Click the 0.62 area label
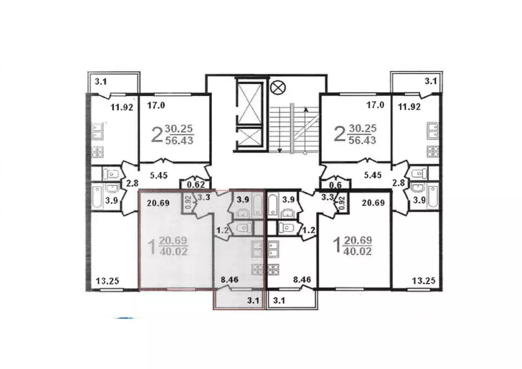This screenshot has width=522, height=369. [196, 184]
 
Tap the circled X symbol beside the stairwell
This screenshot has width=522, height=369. [278, 88]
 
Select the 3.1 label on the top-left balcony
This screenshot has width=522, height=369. [100, 81]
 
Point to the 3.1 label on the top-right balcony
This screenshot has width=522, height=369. [430, 81]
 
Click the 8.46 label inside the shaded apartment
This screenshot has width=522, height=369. [229, 280]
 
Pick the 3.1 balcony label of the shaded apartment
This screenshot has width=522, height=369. [253, 301]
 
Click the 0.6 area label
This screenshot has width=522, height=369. [335, 185]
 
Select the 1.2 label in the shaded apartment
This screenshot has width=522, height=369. [222, 230]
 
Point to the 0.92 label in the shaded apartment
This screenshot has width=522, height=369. [188, 202]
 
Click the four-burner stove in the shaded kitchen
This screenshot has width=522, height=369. [257, 269]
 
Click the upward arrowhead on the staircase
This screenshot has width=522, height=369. [306, 110]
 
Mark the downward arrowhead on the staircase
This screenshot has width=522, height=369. [280, 151]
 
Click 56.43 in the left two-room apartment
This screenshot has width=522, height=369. [179, 140]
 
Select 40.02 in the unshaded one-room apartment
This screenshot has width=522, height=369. [357, 251]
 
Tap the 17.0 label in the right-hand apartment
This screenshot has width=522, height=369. [375, 105]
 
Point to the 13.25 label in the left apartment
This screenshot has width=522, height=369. [107, 281]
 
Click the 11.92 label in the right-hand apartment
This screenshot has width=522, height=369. [409, 107]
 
